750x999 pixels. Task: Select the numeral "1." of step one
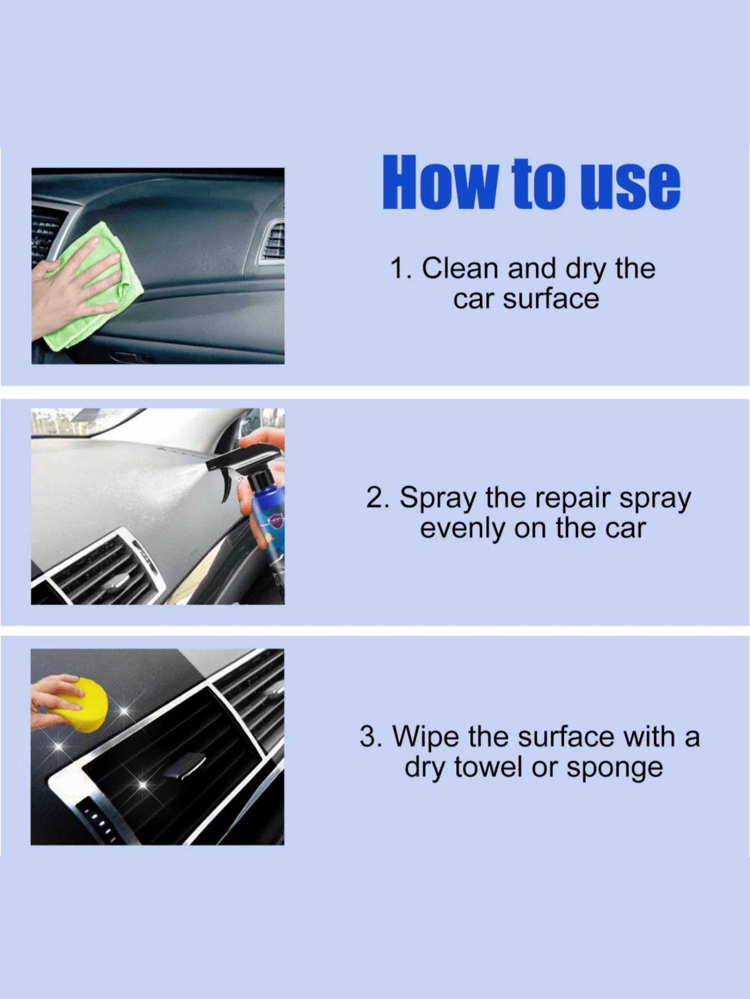click(401, 268)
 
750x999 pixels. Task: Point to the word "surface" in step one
click(551, 298)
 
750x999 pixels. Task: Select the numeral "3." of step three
click(371, 737)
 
